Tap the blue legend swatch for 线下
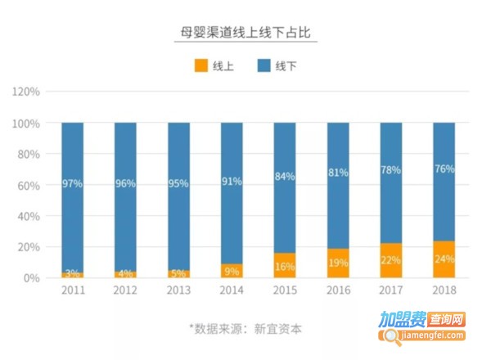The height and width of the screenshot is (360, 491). [x=264, y=65]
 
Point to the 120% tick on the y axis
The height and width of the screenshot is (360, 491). [x=26, y=92]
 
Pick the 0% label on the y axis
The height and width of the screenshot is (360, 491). [x=32, y=278]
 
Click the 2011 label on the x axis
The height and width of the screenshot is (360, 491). [x=72, y=291]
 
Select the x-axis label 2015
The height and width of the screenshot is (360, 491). [x=285, y=291]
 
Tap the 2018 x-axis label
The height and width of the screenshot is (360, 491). [x=444, y=291]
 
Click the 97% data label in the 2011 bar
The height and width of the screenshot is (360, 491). [x=72, y=184]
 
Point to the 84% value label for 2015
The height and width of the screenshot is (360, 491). [x=285, y=177]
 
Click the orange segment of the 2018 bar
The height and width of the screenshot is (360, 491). [x=444, y=259]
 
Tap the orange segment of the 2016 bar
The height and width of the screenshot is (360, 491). [x=338, y=263]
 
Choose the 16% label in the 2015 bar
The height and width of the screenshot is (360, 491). [x=285, y=267]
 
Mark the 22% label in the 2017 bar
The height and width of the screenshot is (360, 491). [x=391, y=260]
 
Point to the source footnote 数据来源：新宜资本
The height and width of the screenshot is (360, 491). [x=245, y=329]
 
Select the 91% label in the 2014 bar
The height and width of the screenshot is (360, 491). [x=232, y=181]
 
